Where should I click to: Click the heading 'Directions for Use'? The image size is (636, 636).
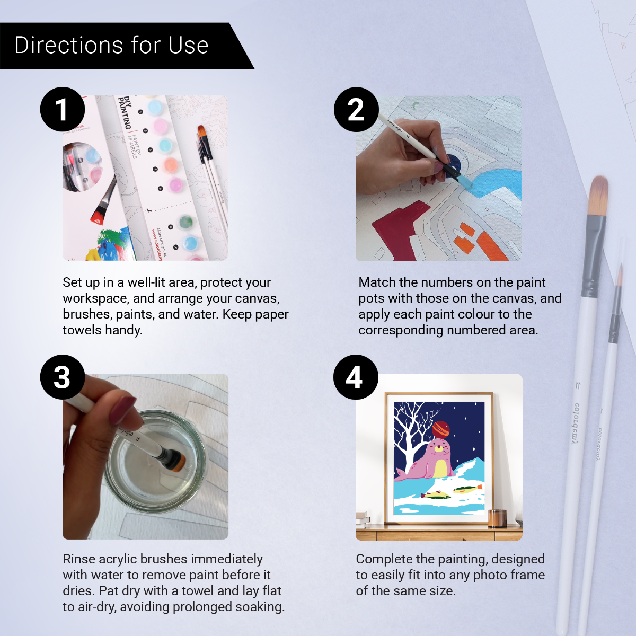pos(111,46)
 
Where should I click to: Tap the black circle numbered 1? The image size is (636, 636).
pos(63,110)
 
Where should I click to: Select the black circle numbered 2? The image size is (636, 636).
pos(356,110)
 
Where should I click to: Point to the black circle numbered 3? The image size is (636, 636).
pos(63,377)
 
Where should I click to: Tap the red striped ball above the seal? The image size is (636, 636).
pos(440,428)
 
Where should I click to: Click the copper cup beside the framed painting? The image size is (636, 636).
pos(497,518)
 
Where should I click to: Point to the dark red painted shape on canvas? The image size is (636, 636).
pos(397,228)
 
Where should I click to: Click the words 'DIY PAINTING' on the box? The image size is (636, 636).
pos(125,112)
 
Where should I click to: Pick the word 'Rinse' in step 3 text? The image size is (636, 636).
pos(79,559)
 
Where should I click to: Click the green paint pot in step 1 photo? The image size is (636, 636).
pos(185,222)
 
